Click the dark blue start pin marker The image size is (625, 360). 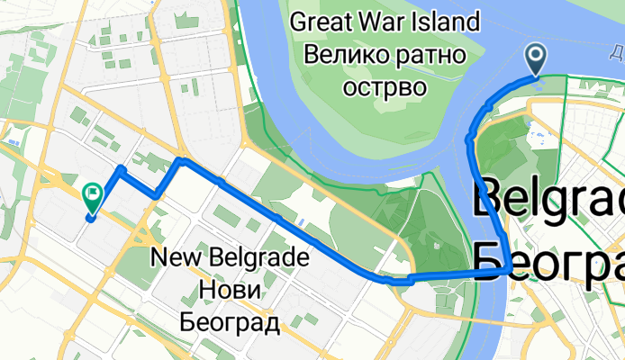(x=535, y=60)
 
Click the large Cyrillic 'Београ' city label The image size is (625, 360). (x=548, y=258)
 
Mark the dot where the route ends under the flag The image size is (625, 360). (x=92, y=217)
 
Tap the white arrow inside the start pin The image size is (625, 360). (x=535, y=58)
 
